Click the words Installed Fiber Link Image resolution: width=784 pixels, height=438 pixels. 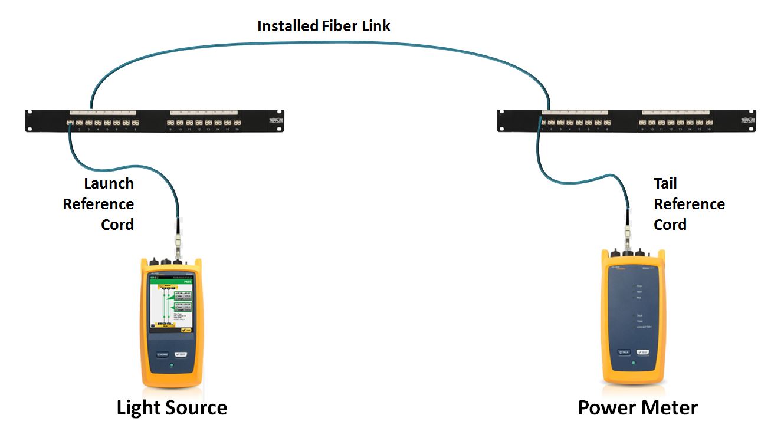(x=324, y=26)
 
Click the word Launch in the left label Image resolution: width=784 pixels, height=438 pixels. (x=109, y=183)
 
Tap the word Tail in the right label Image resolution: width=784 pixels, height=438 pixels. (x=665, y=183)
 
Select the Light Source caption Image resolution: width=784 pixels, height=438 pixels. (x=172, y=407)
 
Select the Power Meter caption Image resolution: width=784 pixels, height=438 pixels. (x=637, y=407)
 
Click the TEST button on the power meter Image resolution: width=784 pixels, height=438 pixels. (x=642, y=352)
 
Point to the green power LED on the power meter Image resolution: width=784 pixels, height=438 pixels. (x=633, y=363)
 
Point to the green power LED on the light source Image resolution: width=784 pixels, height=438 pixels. (x=171, y=365)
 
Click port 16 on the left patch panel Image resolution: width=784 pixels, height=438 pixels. (x=237, y=123)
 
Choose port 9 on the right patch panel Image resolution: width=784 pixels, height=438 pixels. (x=643, y=123)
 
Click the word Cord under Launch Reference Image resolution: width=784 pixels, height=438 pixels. (x=117, y=225)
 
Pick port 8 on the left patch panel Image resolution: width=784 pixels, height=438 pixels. (x=136, y=123)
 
